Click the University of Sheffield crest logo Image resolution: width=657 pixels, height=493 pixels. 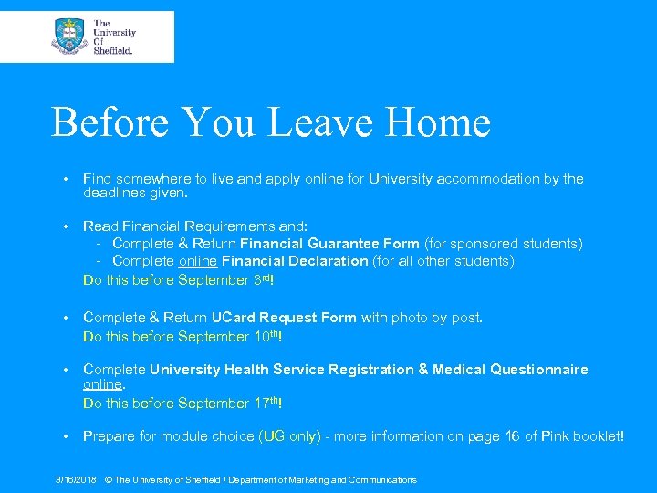[x=69, y=37]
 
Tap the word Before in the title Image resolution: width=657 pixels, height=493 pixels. [x=115, y=122]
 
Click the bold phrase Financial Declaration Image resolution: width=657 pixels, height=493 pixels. [x=295, y=261]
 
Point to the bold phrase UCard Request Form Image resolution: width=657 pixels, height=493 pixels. [x=284, y=318]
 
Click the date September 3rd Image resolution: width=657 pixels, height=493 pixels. [x=225, y=279]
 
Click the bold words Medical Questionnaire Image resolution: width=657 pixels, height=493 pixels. [x=510, y=370]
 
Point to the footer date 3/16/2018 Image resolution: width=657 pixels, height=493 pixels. [x=76, y=479]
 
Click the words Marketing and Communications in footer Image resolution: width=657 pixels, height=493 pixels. [x=361, y=479]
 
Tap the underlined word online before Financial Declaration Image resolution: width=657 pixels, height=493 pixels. [x=198, y=261]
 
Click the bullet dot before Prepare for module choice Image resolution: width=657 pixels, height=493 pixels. [x=66, y=436]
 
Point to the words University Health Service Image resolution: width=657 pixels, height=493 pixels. [x=241, y=370]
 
